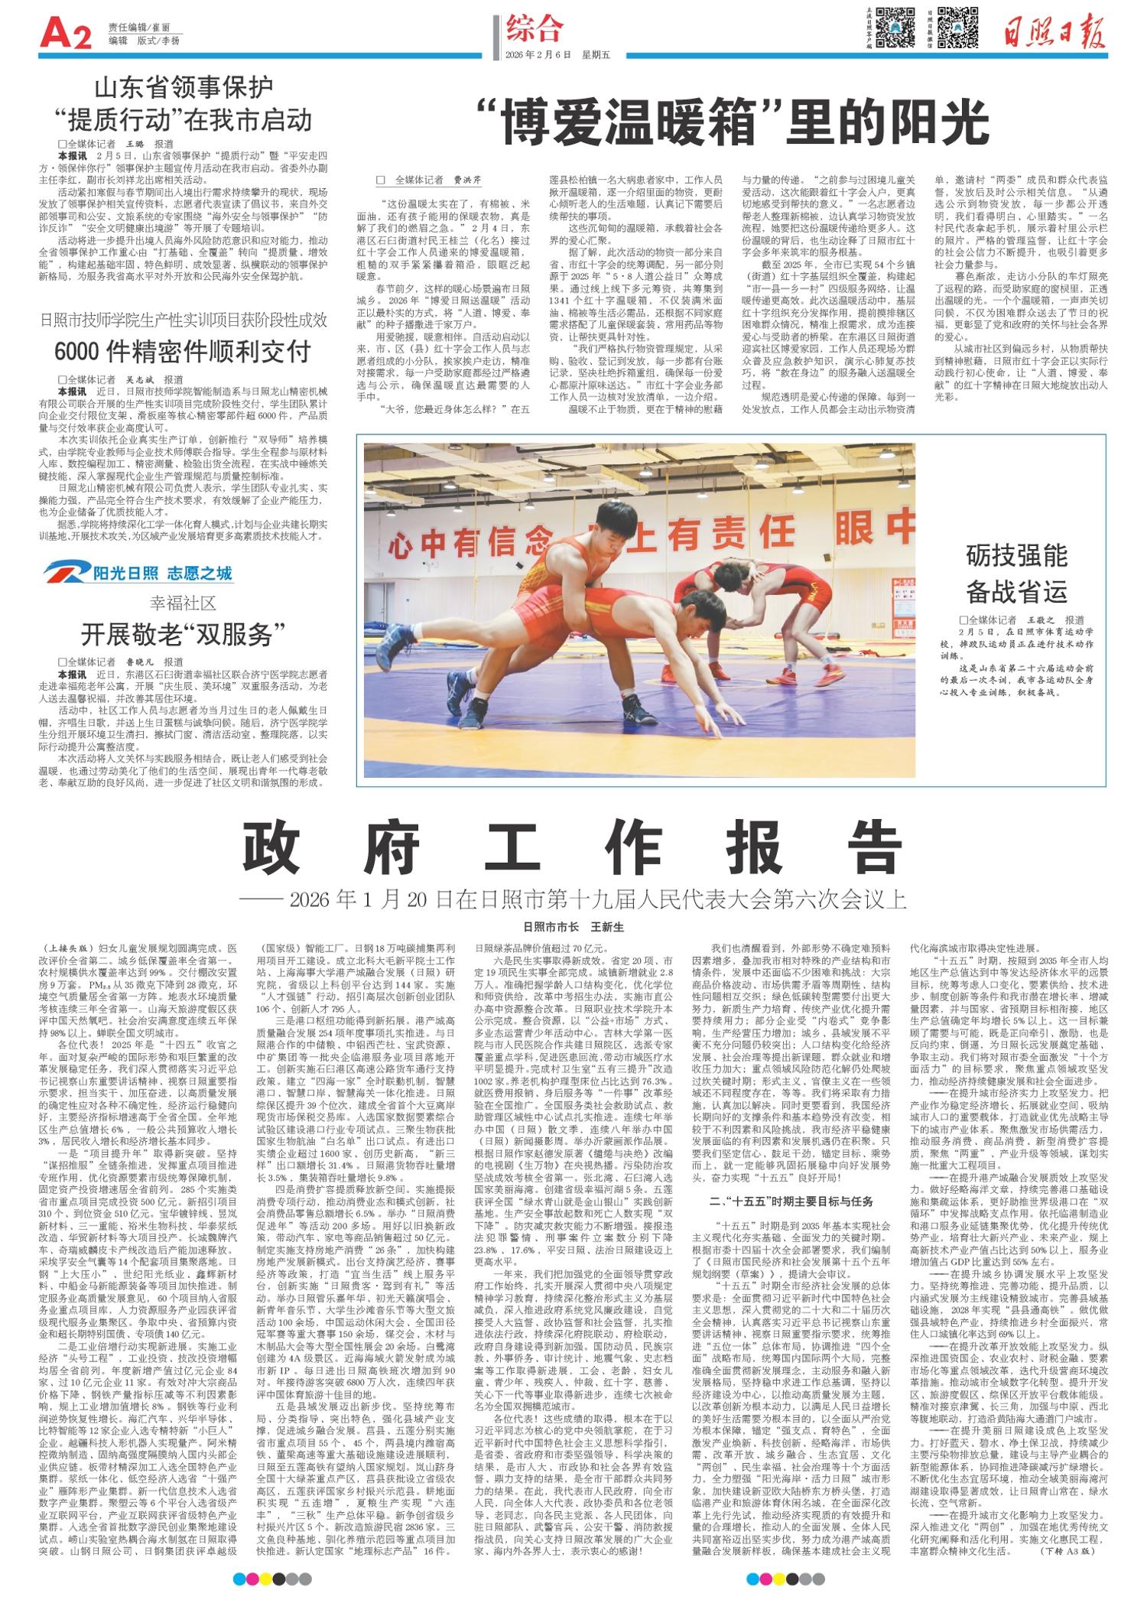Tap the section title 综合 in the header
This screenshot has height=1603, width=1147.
pyautogui.click(x=535, y=29)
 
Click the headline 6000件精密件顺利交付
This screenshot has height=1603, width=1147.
pyautogui.click(x=183, y=350)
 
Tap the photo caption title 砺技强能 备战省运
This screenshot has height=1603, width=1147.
pyautogui.click(x=1015, y=573)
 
